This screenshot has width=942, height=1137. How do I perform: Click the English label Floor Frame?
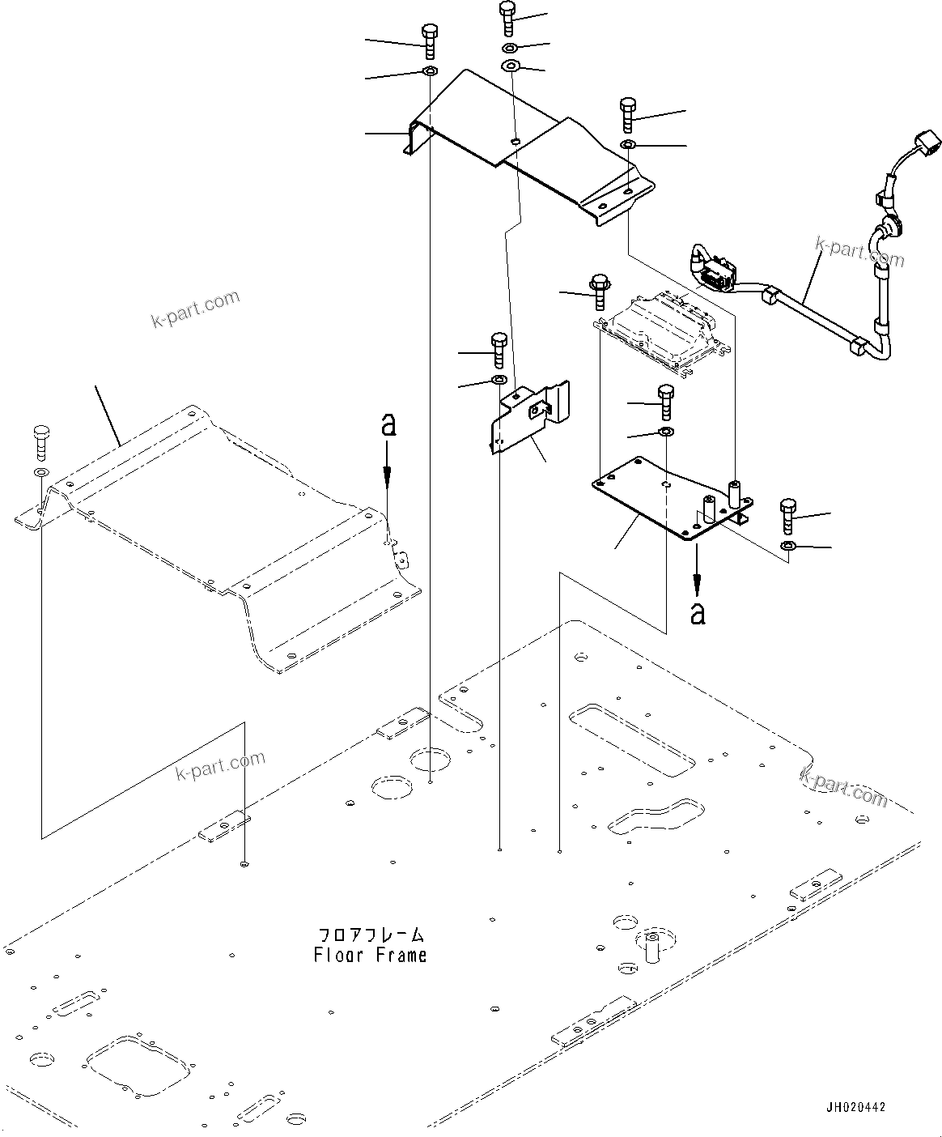tap(370, 956)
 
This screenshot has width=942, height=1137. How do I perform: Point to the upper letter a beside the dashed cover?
tap(388, 425)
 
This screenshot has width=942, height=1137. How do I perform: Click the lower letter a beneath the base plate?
tap(697, 612)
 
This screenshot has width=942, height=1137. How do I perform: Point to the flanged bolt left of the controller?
tap(599, 292)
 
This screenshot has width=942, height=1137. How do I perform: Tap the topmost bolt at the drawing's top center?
tap(507, 18)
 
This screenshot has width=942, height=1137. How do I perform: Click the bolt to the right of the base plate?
tap(788, 516)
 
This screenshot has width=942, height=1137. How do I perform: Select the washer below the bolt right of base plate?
tap(787, 548)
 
